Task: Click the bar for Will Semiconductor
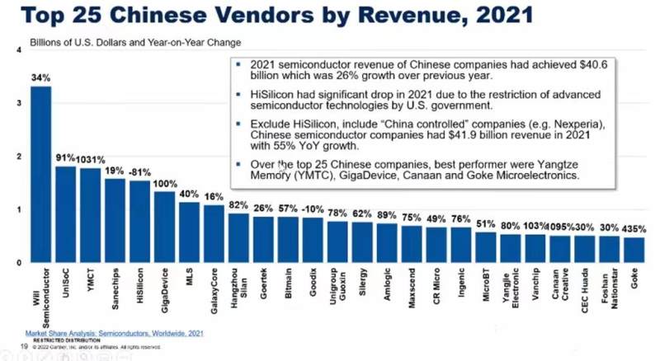(40, 173)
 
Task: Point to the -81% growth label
(139, 172)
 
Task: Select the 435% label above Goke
(634, 228)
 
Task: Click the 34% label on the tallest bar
(40, 77)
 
